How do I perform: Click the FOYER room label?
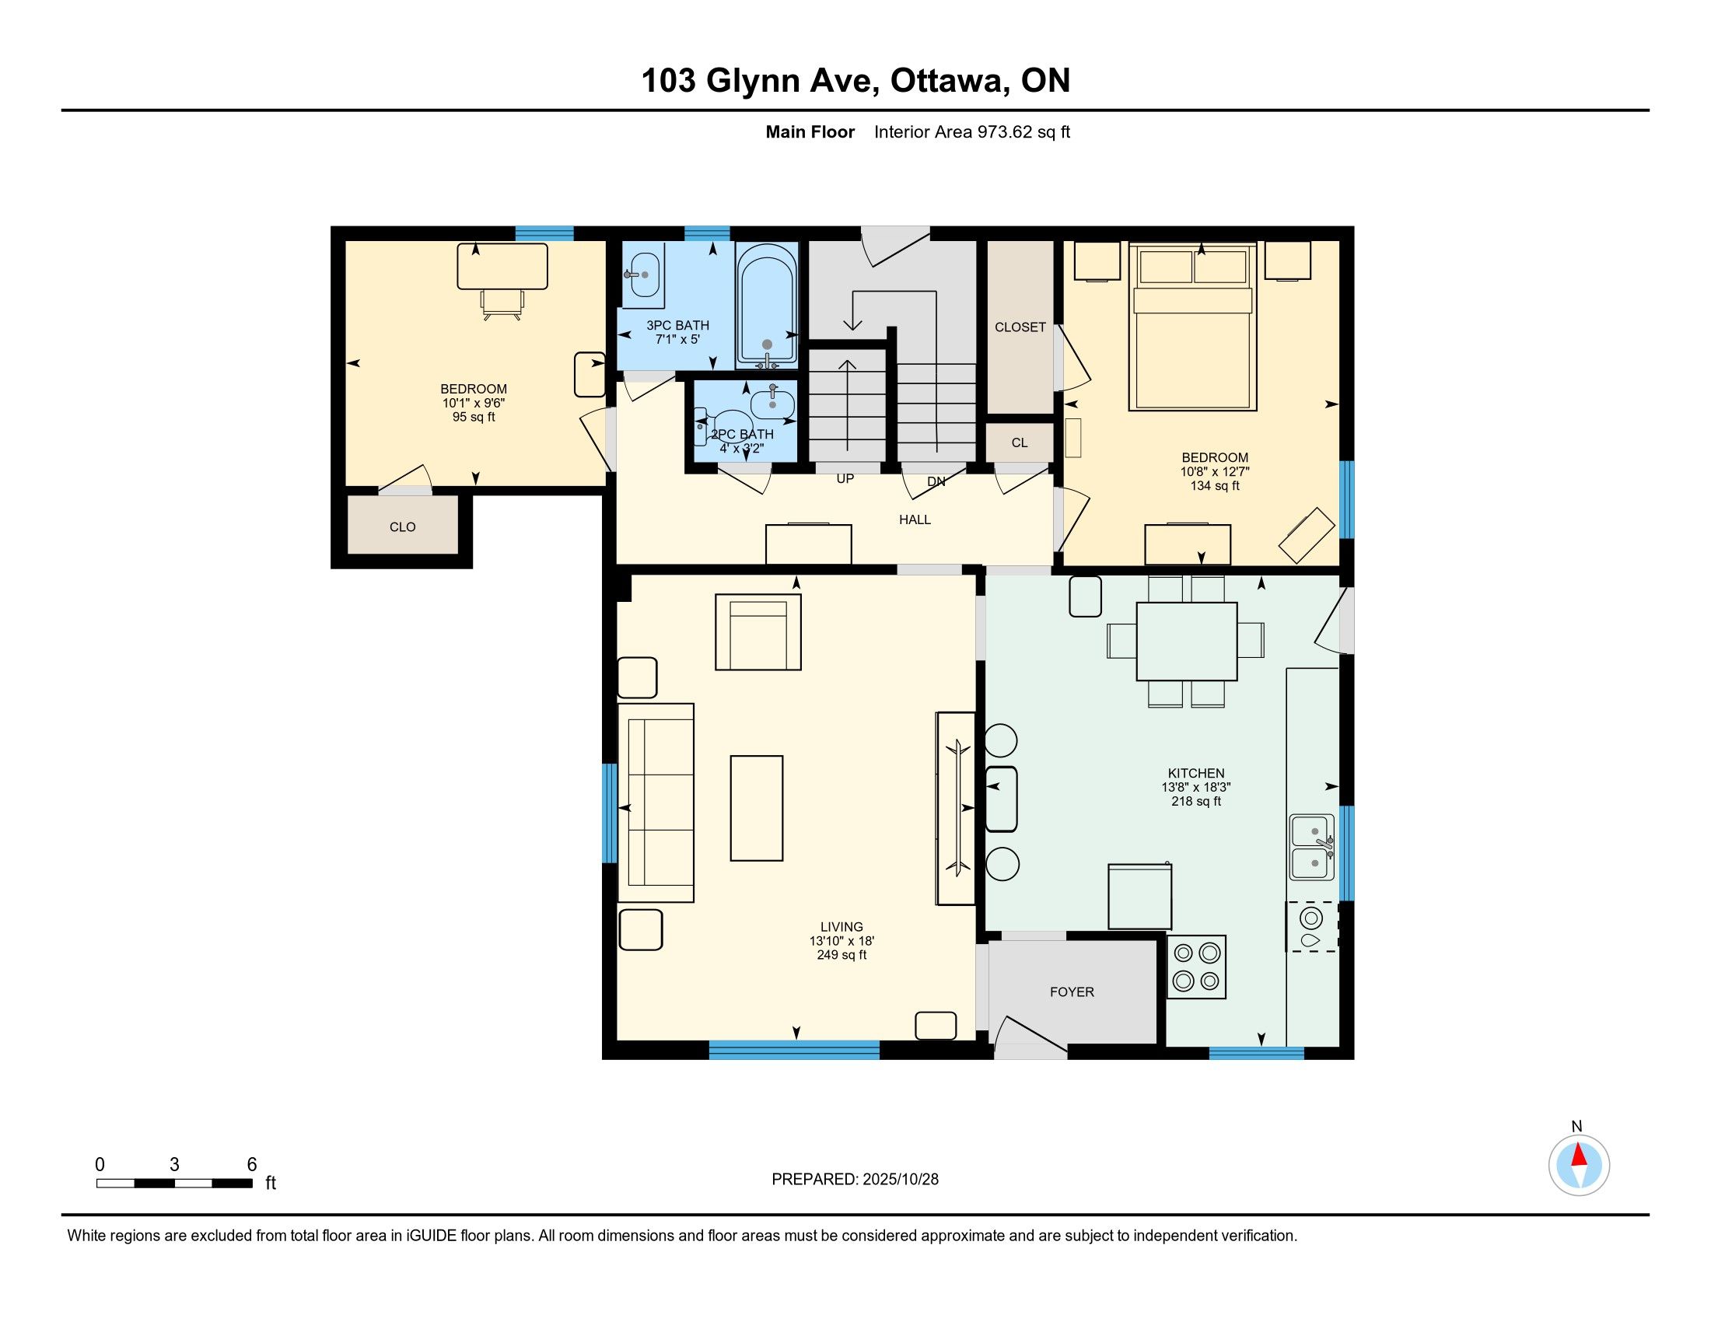click(x=1072, y=991)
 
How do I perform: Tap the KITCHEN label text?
click(x=1195, y=773)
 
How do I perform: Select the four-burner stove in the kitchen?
click(x=1196, y=967)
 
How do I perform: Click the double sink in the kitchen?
click(x=1312, y=848)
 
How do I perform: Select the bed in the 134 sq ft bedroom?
click(x=1192, y=327)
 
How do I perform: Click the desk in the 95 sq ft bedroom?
click(x=502, y=266)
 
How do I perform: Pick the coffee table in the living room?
click(x=757, y=808)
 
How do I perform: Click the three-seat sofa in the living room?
click(x=656, y=803)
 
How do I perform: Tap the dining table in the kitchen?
click(x=1187, y=642)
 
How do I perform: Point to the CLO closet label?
click(x=403, y=527)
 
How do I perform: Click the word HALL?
click(x=915, y=519)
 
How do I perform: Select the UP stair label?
click(x=845, y=478)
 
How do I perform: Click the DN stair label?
click(x=936, y=481)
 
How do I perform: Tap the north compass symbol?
click(x=1579, y=1164)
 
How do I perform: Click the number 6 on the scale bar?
click(x=251, y=1164)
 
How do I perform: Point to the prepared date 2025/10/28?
click(x=900, y=1179)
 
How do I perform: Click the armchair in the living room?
click(x=758, y=632)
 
